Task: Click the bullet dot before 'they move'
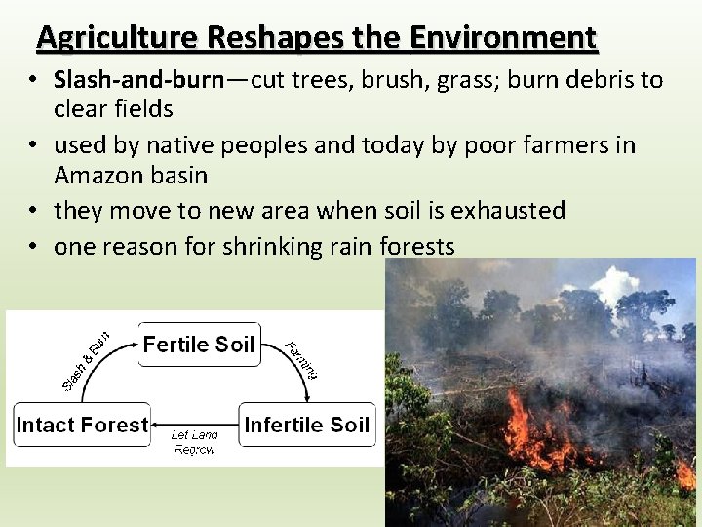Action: click(33, 211)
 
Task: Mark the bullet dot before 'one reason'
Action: click(33, 248)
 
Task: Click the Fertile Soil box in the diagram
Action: click(199, 345)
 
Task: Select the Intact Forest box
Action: click(82, 425)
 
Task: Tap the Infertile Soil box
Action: click(306, 425)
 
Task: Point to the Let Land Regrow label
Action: click(194, 442)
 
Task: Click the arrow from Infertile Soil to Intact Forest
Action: click(194, 426)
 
